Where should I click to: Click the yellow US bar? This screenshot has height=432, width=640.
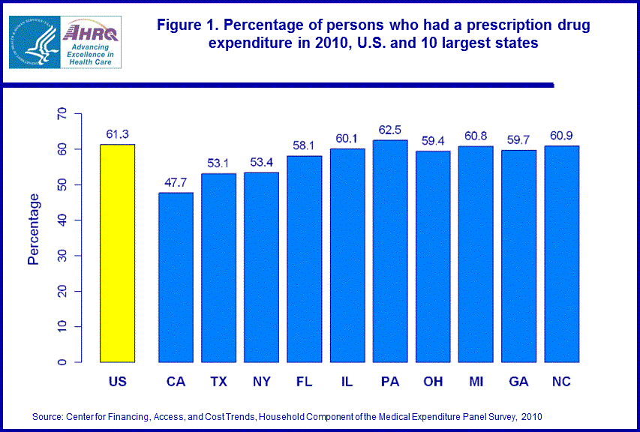tap(117, 253)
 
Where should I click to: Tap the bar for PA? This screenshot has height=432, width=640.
tap(389, 251)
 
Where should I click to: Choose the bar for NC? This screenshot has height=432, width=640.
tap(560, 254)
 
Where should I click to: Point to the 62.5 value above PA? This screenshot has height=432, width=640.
tap(389, 130)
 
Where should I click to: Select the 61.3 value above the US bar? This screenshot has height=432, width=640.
tap(117, 134)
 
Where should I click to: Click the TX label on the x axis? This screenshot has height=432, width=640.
tap(218, 382)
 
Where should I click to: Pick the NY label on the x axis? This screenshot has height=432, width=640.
tap(261, 382)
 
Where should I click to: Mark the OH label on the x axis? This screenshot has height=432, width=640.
tap(432, 382)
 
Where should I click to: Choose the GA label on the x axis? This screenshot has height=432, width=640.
tap(518, 382)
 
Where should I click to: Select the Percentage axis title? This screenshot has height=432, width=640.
tap(34, 229)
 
